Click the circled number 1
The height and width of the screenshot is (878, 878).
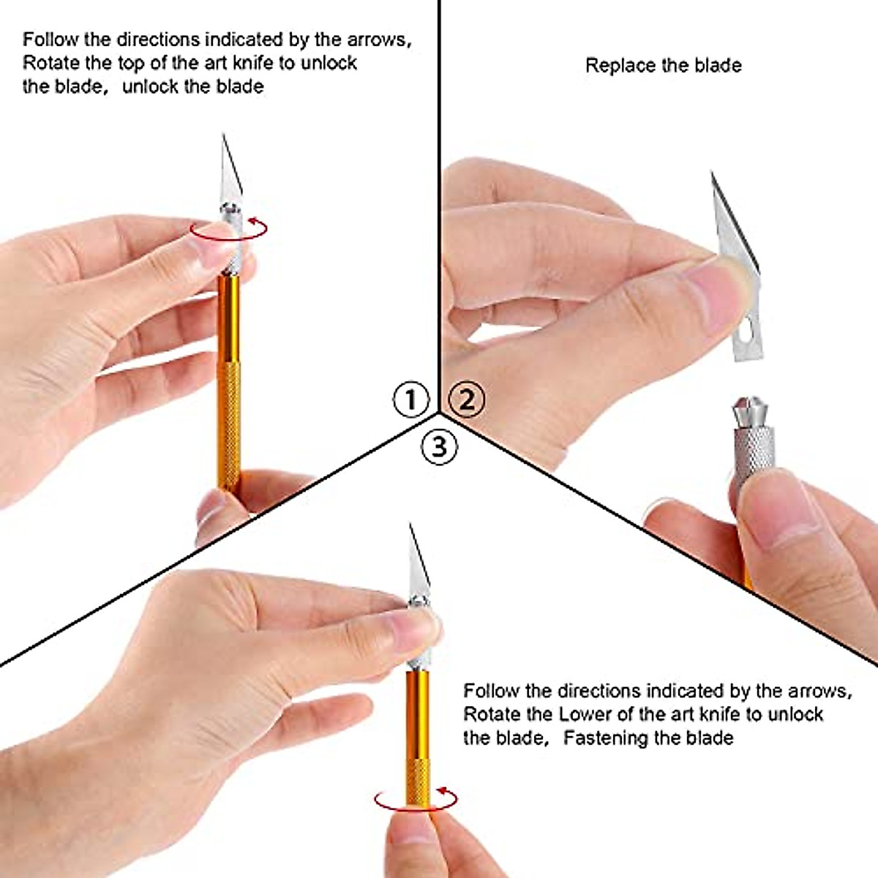tap(410, 399)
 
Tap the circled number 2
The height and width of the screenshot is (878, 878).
tap(467, 399)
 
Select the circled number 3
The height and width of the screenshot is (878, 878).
tap(439, 446)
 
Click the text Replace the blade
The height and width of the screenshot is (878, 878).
tap(663, 66)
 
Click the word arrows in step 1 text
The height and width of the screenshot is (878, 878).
tap(380, 40)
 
